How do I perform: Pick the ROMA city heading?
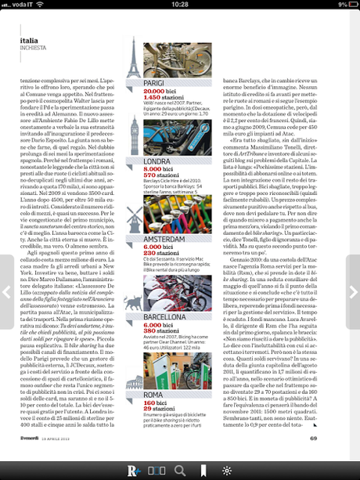[x=155, y=395]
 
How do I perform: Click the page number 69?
[x=335, y=438]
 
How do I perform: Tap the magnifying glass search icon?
[x=179, y=470]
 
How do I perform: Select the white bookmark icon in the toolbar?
[x=203, y=470]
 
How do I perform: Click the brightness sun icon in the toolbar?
[x=227, y=470]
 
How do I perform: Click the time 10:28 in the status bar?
[x=180, y=5]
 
